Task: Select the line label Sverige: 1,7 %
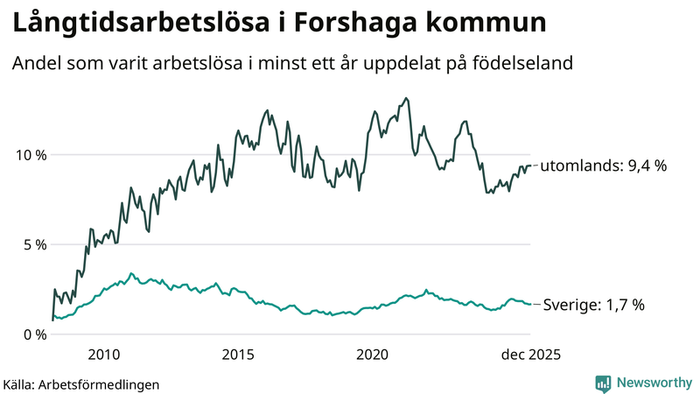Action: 593,305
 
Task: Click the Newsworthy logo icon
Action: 603,383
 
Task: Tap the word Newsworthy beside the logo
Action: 653,383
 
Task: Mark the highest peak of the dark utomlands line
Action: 407,98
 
